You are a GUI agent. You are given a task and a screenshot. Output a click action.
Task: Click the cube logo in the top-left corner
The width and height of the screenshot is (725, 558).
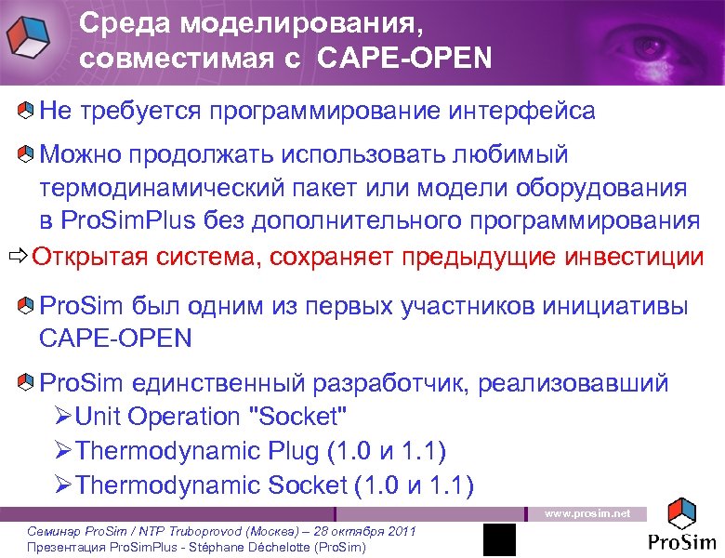coord(32,38)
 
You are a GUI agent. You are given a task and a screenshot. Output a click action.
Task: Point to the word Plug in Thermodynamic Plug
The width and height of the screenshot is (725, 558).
coord(293,451)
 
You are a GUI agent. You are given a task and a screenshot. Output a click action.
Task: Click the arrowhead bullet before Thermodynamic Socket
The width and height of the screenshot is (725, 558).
coord(62,485)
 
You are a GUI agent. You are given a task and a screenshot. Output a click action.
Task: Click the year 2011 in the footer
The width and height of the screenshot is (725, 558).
coord(398,530)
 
